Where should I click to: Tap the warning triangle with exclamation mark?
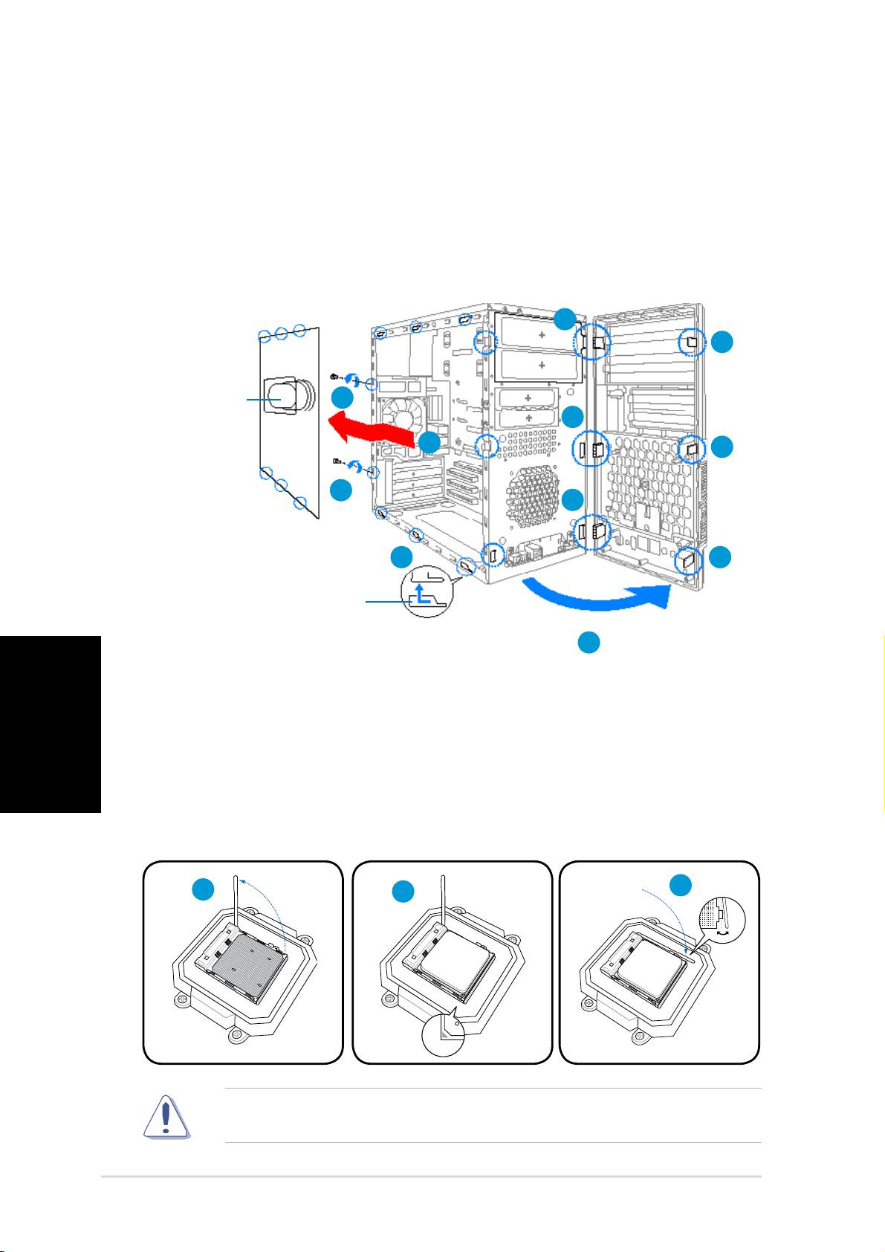pyautogui.click(x=166, y=1117)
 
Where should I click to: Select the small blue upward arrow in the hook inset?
pyautogui.click(x=421, y=592)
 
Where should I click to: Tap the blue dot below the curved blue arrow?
pyautogui.click(x=589, y=643)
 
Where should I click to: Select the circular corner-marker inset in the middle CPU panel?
pyautogui.click(x=443, y=1032)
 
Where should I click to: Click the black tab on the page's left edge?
pyautogui.click(x=50, y=724)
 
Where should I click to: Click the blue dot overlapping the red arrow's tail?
pyautogui.click(x=429, y=444)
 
